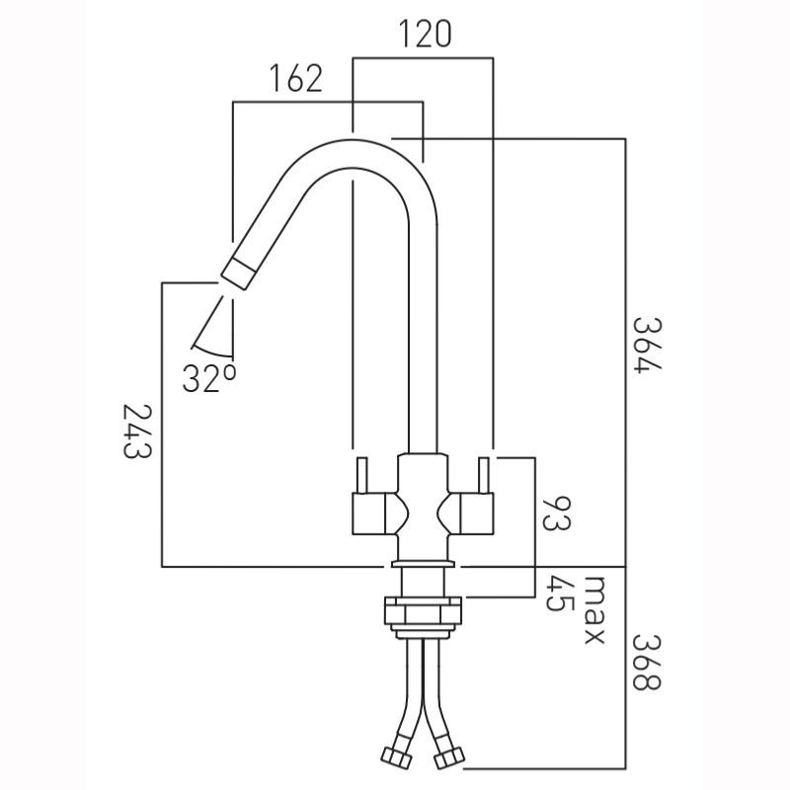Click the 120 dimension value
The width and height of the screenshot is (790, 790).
coord(425,34)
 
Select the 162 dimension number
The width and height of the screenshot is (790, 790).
coord(294,78)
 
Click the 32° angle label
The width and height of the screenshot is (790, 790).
coord(208,377)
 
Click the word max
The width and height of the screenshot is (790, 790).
coord(592,610)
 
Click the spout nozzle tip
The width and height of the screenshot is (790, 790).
coord(237,270)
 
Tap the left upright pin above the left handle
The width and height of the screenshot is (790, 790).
coord(360,478)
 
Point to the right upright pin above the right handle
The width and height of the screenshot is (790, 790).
coord(485,478)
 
